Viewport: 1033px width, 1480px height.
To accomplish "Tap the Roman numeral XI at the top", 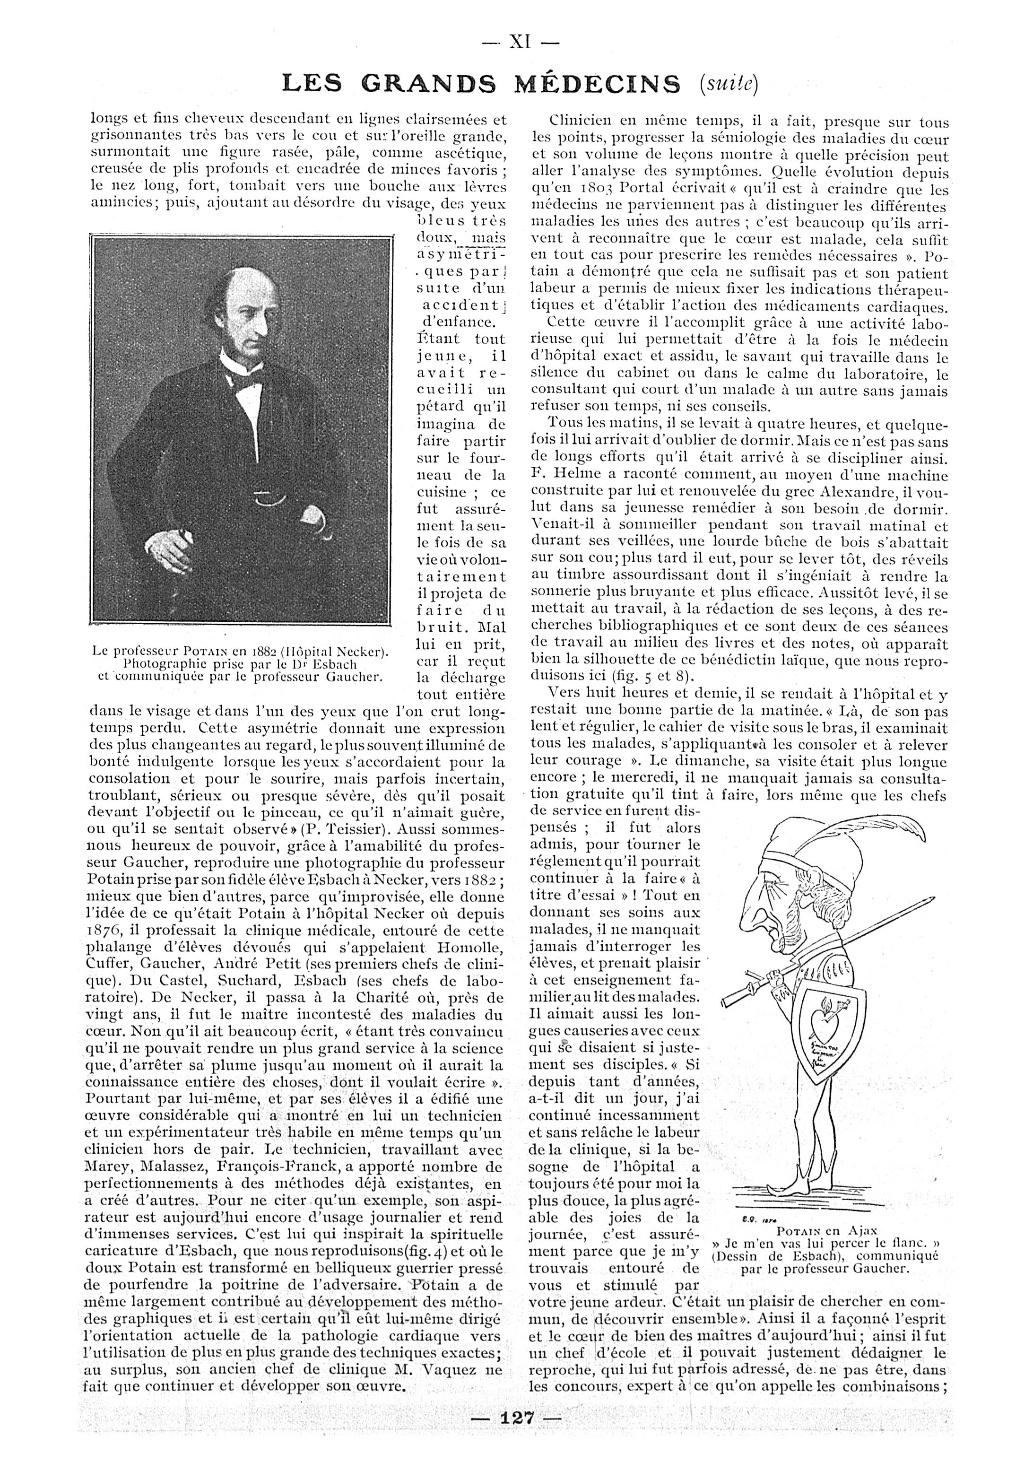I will click(520, 43).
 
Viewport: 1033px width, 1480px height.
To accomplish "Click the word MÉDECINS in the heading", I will click(598, 84).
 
